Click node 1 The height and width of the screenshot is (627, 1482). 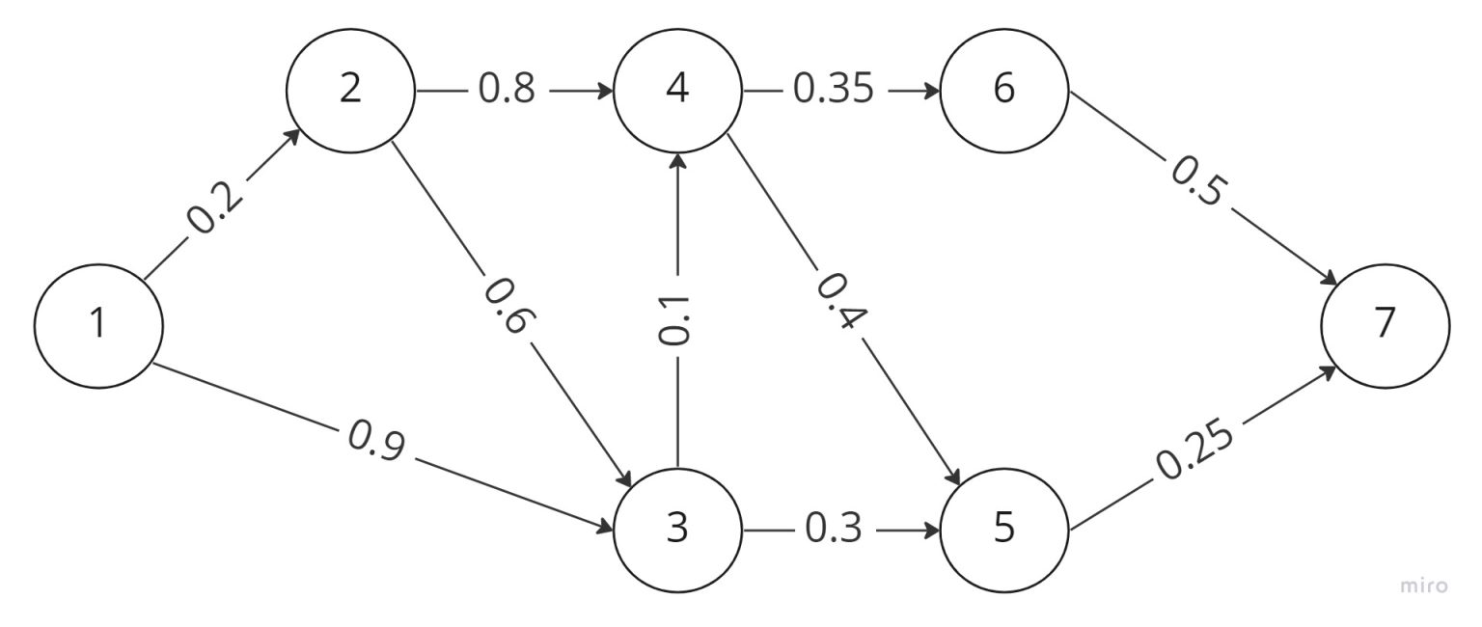click(97, 324)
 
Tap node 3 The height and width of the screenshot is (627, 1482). click(677, 529)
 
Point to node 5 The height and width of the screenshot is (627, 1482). click(1004, 529)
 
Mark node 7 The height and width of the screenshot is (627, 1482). click(1385, 324)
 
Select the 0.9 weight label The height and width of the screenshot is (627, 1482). click(376, 441)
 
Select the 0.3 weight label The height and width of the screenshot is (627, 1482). click(835, 530)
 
